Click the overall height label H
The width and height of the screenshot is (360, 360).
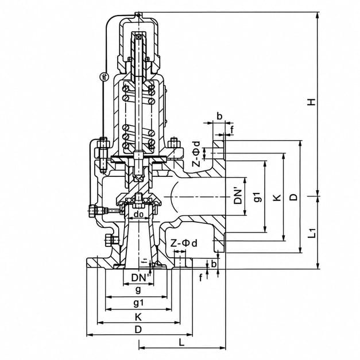click(312, 102)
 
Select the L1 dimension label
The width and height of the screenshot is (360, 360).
click(312, 233)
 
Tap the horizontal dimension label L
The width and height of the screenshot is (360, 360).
click(181, 343)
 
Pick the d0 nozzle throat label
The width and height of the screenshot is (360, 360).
click(138, 214)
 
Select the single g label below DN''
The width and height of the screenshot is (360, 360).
click(138, 290)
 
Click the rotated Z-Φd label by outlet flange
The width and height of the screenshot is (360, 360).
click(196, 153)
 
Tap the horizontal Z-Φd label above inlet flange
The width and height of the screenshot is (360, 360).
click(184, 243)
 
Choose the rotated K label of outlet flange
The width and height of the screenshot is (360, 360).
click(277, 198)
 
